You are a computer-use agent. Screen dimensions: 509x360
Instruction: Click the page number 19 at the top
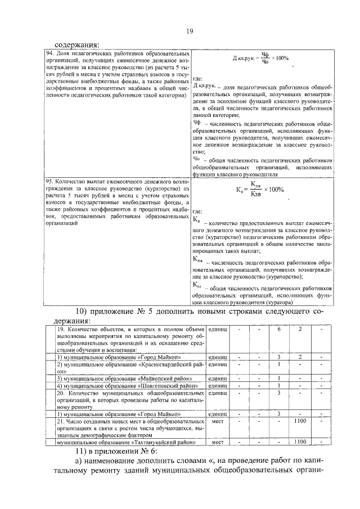pyautogui.click(x=190, y=31)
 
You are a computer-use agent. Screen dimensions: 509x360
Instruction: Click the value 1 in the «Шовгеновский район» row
pyautogui.click(x=278, y=386)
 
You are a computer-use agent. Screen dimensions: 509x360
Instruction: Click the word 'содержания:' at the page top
pyautogui.click(x=76, y=45)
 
